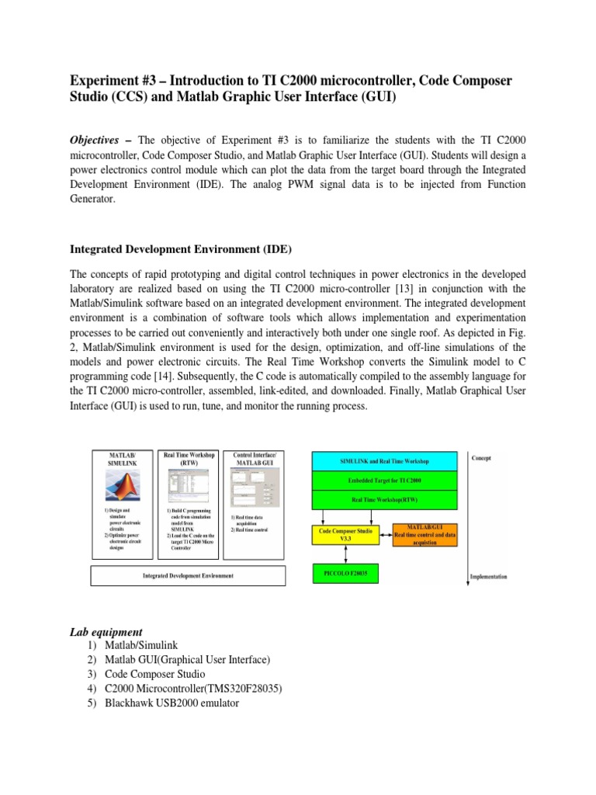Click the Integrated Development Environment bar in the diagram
(189, 576)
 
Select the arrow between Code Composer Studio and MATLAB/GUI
(385, 536)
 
